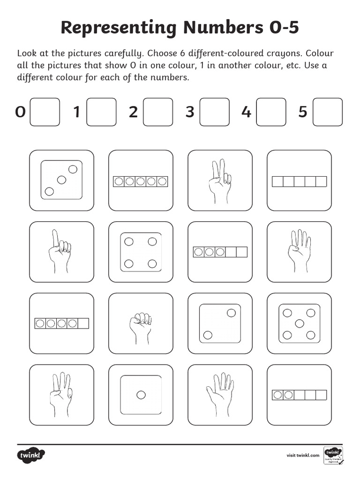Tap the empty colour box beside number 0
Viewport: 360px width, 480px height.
(x=45, y=112)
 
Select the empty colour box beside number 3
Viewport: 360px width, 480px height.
(x=214, y=112)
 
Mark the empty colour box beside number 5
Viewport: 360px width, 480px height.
(x=327, y=112)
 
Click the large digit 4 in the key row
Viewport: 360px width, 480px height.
(x=246, y=112)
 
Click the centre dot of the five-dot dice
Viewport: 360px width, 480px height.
(x=299, y=323)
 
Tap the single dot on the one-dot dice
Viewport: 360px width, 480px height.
(x=141, y=395)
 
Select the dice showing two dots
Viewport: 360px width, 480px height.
(x=220, y=323)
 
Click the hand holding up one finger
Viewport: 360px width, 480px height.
(x=59, y=252)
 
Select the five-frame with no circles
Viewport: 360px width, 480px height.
(x=299, y=181)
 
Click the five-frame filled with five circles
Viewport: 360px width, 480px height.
(x=141, y=181)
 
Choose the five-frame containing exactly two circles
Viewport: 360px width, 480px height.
(x=299, y=395)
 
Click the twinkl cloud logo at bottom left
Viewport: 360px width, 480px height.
(x=32, y=455)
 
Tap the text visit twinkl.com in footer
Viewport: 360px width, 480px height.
(x=303, y=455)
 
